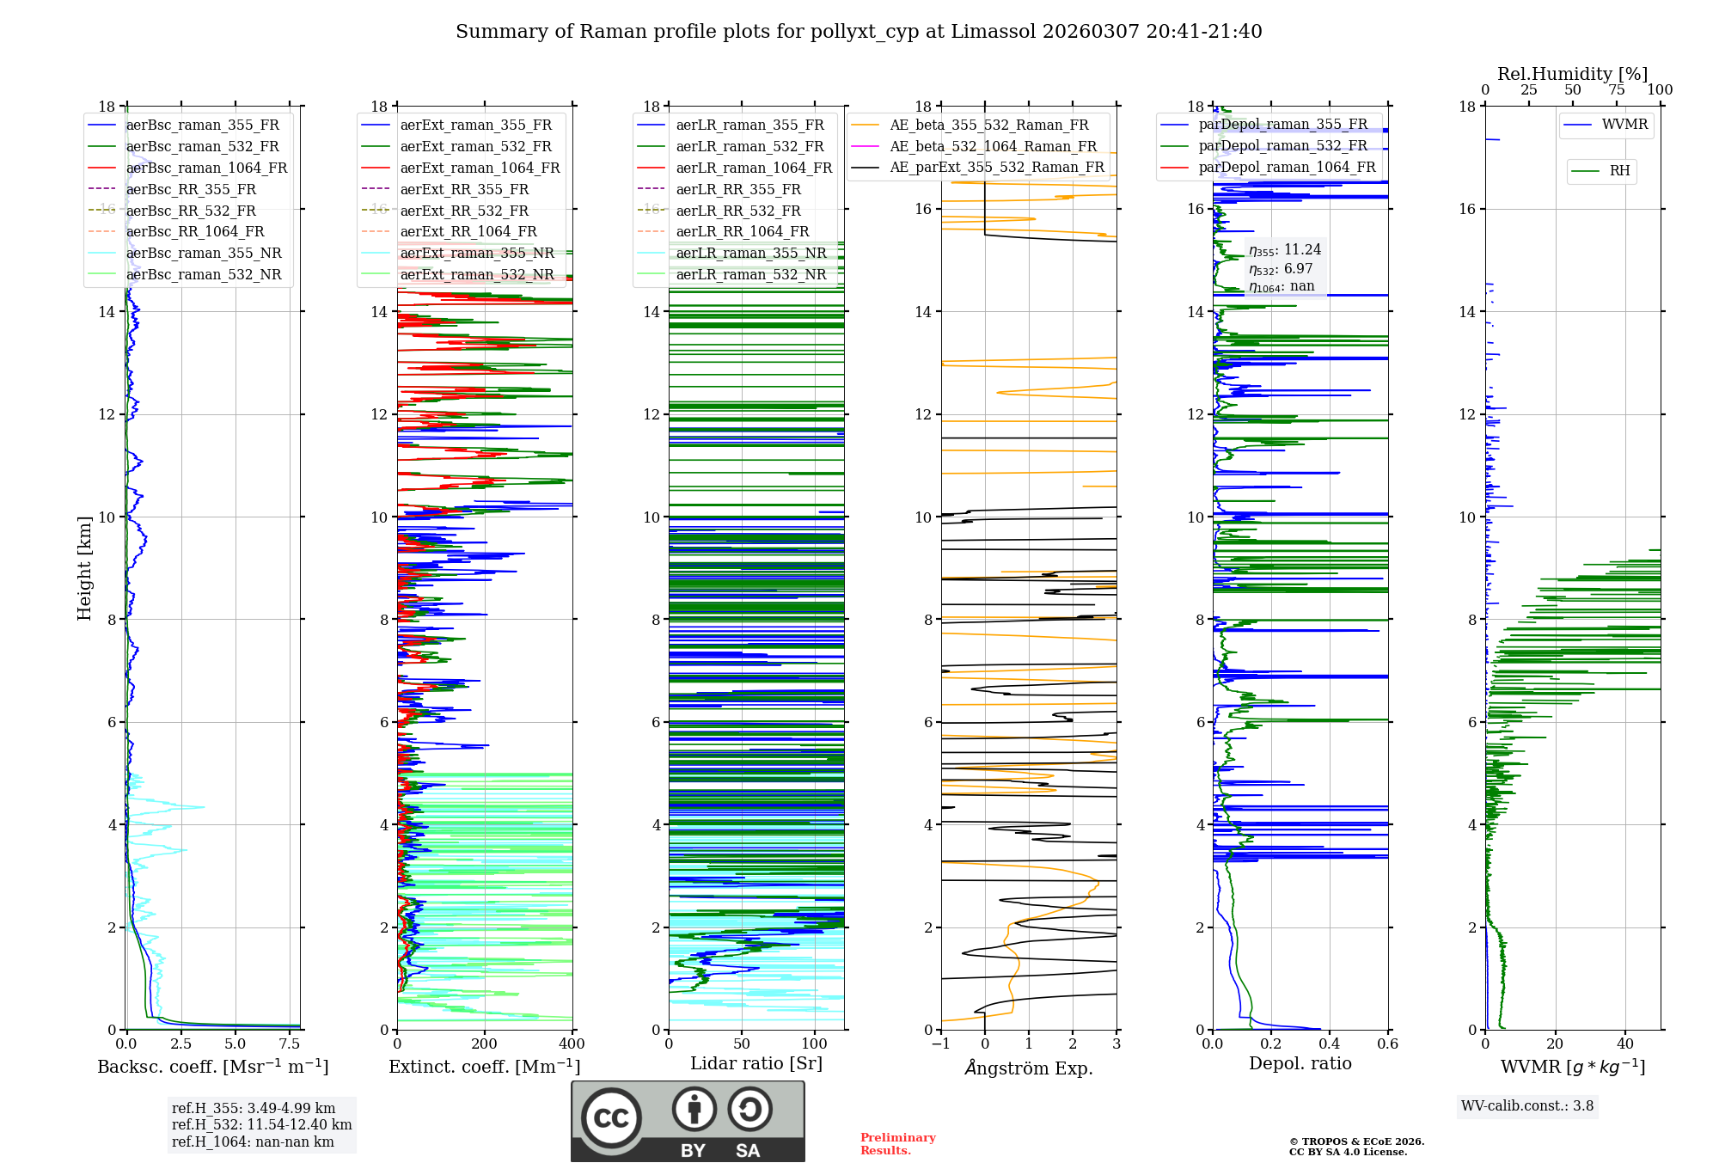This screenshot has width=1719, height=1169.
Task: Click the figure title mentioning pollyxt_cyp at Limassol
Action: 859,32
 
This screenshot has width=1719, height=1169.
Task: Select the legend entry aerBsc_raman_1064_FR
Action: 206,168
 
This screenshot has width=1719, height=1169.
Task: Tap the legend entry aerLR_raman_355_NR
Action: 750,253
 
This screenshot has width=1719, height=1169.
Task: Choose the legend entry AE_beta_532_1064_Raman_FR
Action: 993,146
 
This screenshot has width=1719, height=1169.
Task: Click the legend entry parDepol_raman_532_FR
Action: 1282,145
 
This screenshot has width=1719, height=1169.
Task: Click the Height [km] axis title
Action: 84,567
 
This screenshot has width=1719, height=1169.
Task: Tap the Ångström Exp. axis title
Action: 1029,1068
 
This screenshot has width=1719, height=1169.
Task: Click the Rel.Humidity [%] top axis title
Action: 1572,74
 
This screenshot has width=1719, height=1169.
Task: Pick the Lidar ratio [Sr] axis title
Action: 756,1063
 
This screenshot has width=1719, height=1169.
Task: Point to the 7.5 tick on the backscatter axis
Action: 290,1044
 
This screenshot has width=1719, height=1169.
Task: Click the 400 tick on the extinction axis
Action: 572,1044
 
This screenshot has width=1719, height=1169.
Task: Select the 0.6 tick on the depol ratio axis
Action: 1387,1044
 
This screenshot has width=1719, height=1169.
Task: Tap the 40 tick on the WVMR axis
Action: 1625,1044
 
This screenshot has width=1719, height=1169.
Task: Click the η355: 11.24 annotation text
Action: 1285,250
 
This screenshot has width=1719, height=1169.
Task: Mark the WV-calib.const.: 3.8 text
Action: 1527,1106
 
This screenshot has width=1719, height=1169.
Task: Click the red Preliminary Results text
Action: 897,1144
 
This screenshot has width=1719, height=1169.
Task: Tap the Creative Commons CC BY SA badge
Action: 688,1121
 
